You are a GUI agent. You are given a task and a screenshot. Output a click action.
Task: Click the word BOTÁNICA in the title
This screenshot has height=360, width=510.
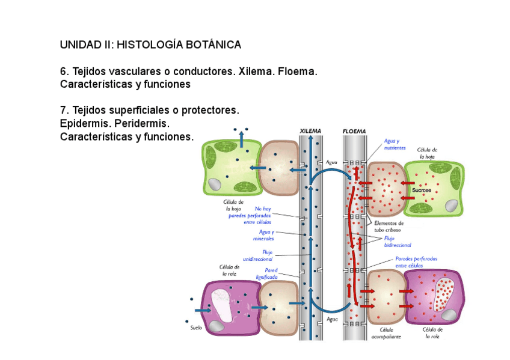click(x=210, y=45)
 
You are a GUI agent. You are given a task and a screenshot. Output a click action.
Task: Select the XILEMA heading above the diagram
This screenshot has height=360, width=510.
click(x=310, y=131)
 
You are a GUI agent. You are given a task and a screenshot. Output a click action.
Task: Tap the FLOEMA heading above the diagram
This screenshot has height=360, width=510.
click(x=354, y=131)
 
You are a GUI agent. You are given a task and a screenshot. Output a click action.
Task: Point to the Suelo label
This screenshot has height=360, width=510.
click(x=196, y=328)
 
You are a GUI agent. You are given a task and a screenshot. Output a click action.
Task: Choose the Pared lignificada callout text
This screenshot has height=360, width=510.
click(x=267, y=273)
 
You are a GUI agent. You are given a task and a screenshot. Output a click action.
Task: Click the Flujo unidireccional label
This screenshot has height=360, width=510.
click(x=259, y=255)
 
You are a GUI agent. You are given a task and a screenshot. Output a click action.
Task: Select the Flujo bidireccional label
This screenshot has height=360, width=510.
click(x=398, y=242)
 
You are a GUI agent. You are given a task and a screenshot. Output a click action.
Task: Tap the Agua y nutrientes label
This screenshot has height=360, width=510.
click(x=395, y=144)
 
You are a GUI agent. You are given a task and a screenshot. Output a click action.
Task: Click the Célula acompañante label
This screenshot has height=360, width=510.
click(x=390, y=333)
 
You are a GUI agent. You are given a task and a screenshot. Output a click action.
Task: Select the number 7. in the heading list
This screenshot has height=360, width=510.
click(x=64, y=111)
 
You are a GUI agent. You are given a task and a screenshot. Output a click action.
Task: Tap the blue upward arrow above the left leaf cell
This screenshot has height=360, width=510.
click(x=242, y=138)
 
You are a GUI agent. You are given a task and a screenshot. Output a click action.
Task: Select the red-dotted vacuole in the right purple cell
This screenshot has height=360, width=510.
click(x=447, y=294)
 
